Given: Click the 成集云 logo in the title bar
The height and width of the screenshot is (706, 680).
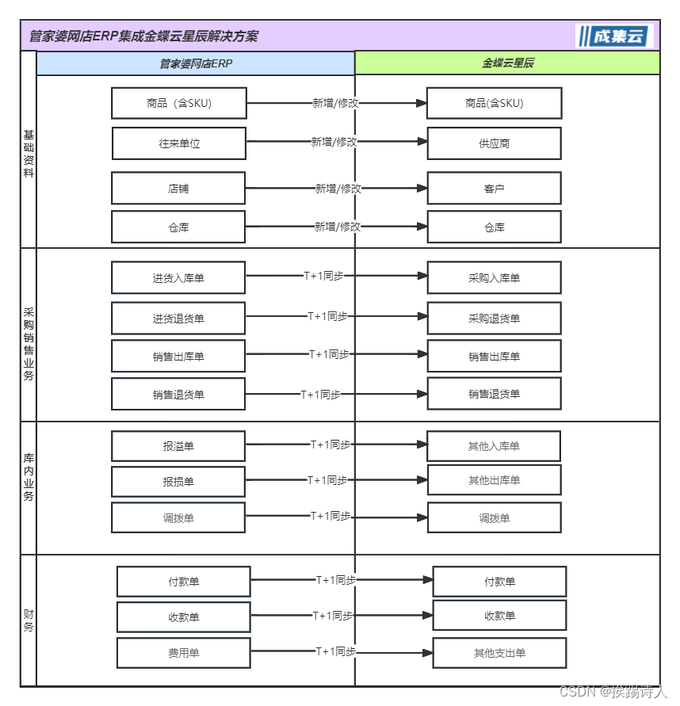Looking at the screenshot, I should pos(614,36).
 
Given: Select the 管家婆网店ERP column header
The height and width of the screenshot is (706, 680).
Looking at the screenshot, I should pos(196,63).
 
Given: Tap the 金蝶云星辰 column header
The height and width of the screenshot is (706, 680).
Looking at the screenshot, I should pos(507,63).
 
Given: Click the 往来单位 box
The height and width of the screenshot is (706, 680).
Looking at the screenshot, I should pos(179,143).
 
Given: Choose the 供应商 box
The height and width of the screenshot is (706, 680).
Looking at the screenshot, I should pos(494,143).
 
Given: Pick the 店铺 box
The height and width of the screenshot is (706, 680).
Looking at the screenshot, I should pos(178,189).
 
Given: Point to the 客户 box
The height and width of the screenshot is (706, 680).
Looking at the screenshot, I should pos(494,189).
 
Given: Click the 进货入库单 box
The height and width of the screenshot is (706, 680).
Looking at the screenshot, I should pos(178,278).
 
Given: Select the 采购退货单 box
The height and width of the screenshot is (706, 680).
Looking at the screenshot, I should pos(494,319).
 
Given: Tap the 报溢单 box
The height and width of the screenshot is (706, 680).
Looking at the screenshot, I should pos(178,446).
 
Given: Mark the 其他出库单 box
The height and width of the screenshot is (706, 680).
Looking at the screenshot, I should pos(494,480).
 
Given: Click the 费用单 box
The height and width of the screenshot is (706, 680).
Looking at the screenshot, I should pos(184,653).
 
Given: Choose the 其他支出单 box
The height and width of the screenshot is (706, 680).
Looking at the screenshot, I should pos(499,653).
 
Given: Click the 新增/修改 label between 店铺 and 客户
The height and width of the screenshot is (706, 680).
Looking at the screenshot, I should pos(338,189).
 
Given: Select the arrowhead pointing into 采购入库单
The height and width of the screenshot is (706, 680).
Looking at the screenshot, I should pos(422,277).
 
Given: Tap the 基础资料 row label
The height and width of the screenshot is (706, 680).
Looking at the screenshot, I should pos(29,154).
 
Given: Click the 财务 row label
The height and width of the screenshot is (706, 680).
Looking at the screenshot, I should pos(29,620).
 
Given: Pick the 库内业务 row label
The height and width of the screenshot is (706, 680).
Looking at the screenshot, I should pos(29,478).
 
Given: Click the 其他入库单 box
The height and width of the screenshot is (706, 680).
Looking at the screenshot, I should pos(494,446).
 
